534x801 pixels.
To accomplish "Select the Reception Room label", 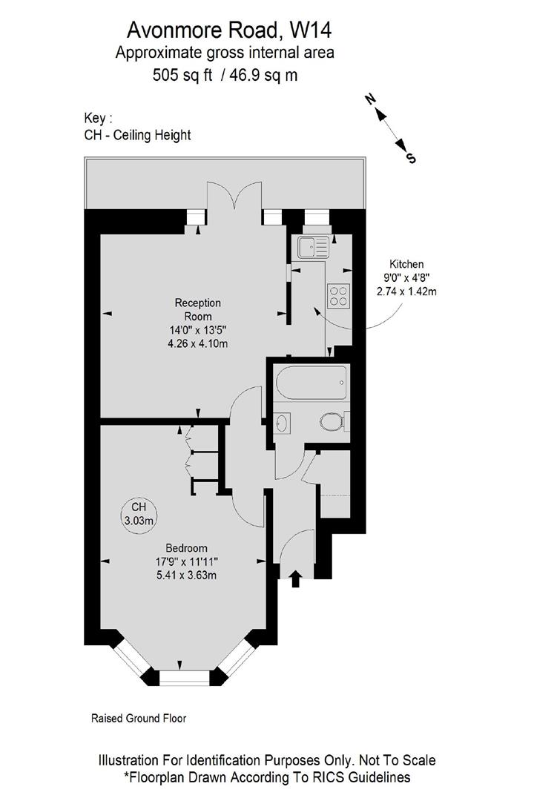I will coord(197,309).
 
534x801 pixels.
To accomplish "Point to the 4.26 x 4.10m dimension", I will coord(197,343).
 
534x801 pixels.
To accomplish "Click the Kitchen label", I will coord(406,264).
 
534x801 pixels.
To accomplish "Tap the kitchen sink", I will coord(312,247).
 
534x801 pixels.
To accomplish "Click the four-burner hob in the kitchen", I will coord(339,296).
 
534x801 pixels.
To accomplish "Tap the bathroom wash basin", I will coord(283,423).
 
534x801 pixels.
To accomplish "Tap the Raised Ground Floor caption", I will coord(139,718).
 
